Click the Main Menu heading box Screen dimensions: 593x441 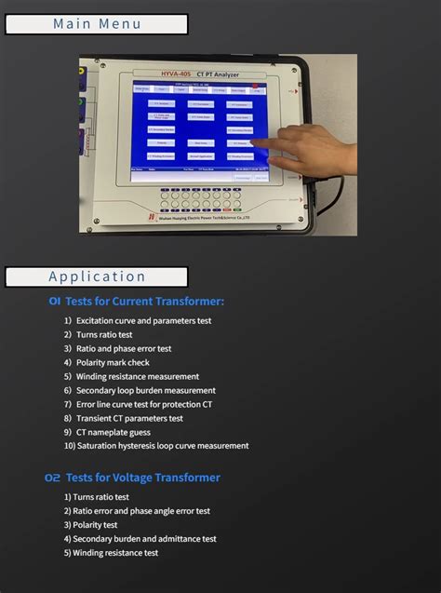tap(97, 24)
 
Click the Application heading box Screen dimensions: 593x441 tap(97, 276)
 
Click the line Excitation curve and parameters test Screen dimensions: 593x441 tap(138, 320)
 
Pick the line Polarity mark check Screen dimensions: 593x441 tap(107, 362)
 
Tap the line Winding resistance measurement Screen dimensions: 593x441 tap(131, 376)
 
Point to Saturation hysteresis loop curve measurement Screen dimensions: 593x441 tap(156, 446)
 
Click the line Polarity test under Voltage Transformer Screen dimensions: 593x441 tap(91, 524)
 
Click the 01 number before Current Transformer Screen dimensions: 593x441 tap(55, 302)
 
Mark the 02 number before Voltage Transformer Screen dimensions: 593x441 tap(53, 478)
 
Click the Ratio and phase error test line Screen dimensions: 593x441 tap(118, 348)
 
